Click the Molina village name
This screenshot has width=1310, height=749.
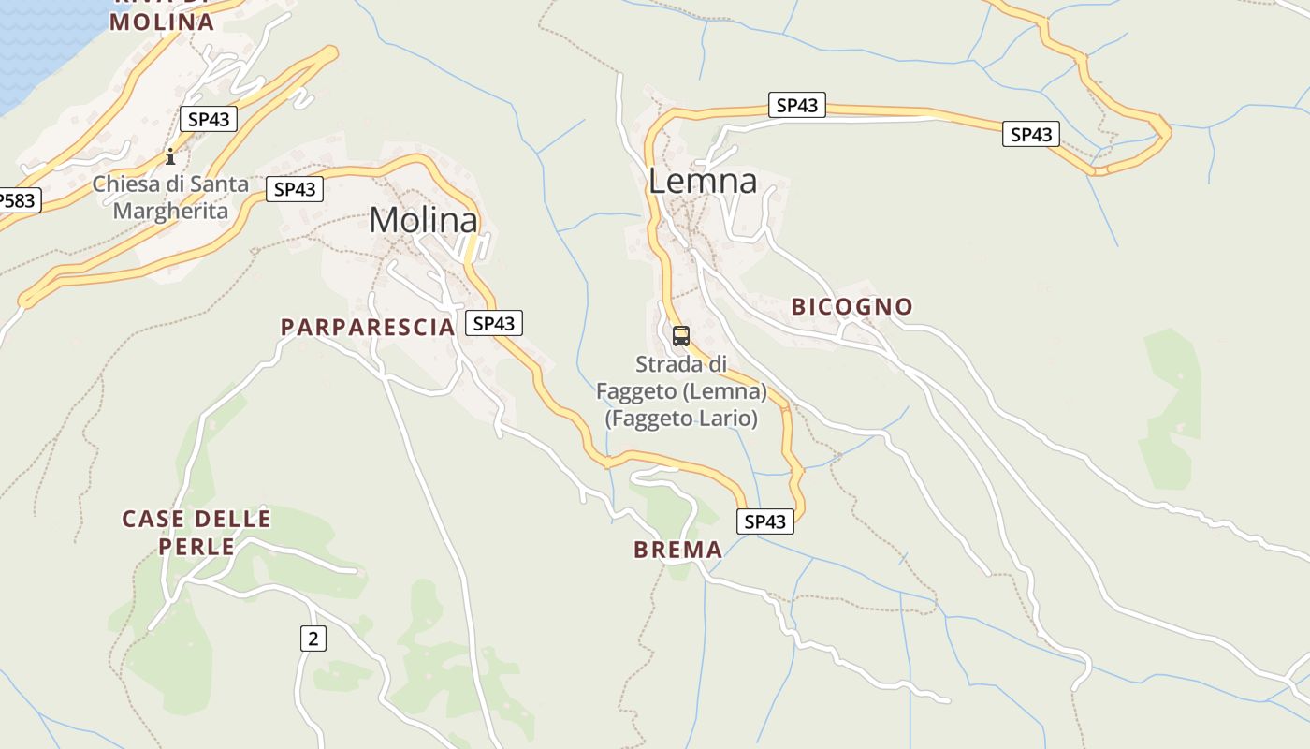tap(423, 220)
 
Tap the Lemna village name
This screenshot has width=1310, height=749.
tap(702, 181)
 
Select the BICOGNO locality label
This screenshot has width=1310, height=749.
tap(851, 306)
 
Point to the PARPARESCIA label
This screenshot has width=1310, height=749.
tap(368, 327)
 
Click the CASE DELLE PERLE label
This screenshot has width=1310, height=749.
tap(196, 532)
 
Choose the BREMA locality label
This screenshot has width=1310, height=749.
tap(677, 550)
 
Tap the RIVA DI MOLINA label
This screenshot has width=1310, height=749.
tap(162, 19)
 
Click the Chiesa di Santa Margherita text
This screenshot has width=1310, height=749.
tap(170, 197)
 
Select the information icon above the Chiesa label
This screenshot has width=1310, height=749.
tap(170, 155)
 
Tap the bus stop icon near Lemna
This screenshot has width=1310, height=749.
tap(681, 336)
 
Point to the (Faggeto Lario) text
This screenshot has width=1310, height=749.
tap(681, 418)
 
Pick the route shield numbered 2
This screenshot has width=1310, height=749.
tap(313, 639)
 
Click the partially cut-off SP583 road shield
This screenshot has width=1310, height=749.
tap(17, 200)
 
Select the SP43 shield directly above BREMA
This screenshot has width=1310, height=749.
tap(765, 521)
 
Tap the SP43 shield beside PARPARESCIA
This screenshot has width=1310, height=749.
tap(494, 323)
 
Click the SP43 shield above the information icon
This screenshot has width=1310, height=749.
tap(209, 119)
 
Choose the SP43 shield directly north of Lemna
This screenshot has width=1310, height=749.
tap(797, 105)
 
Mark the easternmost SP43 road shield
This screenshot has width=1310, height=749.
tap(1031, 134)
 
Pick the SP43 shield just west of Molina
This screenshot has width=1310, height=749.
tap(295, 189)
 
